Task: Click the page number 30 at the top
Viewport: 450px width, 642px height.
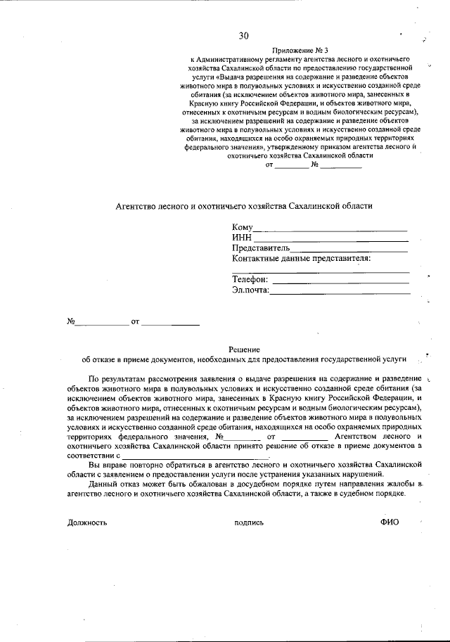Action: (243, 36)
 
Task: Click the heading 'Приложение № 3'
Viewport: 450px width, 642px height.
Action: (301, 50)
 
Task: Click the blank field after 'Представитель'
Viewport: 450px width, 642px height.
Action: (349, 250)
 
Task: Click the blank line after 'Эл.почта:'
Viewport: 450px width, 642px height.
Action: (340, 291)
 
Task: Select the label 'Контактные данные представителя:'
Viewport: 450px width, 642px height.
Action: (301, 258)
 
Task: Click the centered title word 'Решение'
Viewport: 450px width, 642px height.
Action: (244, 349)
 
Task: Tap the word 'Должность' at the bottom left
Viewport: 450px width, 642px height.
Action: (87, 522)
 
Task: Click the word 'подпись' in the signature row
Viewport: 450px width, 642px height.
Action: (249, 522)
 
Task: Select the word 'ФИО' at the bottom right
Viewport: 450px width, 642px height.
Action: (389, 522)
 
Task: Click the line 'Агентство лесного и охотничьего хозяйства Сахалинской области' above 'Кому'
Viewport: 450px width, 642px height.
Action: (243, 206)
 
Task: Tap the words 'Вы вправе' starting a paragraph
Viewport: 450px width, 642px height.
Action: (107, 465)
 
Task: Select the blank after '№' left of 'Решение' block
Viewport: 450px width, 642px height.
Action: (102, 323)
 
